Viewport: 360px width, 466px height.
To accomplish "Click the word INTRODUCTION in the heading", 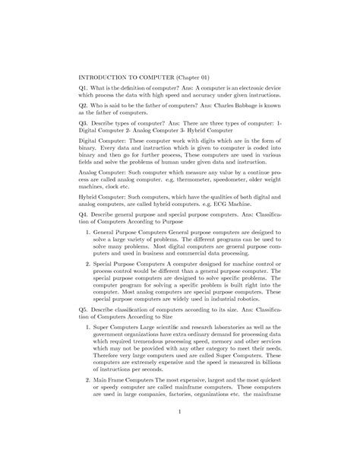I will [x=107, y=77].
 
